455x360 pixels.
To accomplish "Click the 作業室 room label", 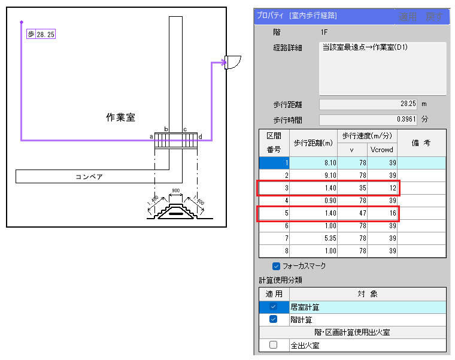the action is [120, 117].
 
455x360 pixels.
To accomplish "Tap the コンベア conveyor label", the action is [89, 177].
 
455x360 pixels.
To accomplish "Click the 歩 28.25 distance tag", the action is [41, 34].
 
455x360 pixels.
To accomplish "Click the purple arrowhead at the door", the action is [223, 62].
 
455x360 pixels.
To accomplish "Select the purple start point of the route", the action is [22, 22].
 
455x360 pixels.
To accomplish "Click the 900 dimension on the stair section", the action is [175, 190].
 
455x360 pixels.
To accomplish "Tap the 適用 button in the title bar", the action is [408, 17].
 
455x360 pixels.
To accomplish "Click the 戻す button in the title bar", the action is [434, 17].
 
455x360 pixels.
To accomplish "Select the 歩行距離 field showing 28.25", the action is [368, 104].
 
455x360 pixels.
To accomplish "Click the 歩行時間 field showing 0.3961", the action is [368, 120].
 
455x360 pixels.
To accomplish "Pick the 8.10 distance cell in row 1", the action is [313, 163].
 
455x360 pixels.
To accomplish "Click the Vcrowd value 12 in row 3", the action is [382, 188].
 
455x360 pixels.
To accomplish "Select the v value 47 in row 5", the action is [352, 213].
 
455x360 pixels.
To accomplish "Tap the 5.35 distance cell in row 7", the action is [313, 238].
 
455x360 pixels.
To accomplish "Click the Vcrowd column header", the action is [382, 150].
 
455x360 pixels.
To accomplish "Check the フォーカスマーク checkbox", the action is [276, 266].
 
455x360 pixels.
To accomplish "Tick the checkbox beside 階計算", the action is [273, 319].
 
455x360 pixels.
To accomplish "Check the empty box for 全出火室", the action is [273, 344].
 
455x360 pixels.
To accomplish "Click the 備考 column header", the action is [421, 143].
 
